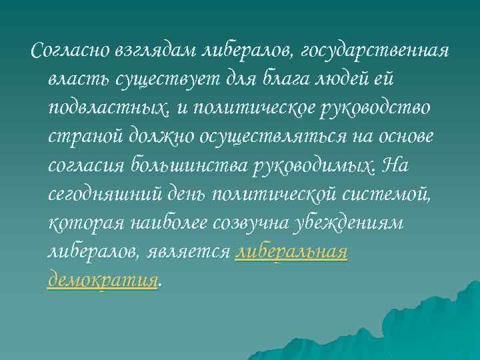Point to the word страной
(x=85, y=137)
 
